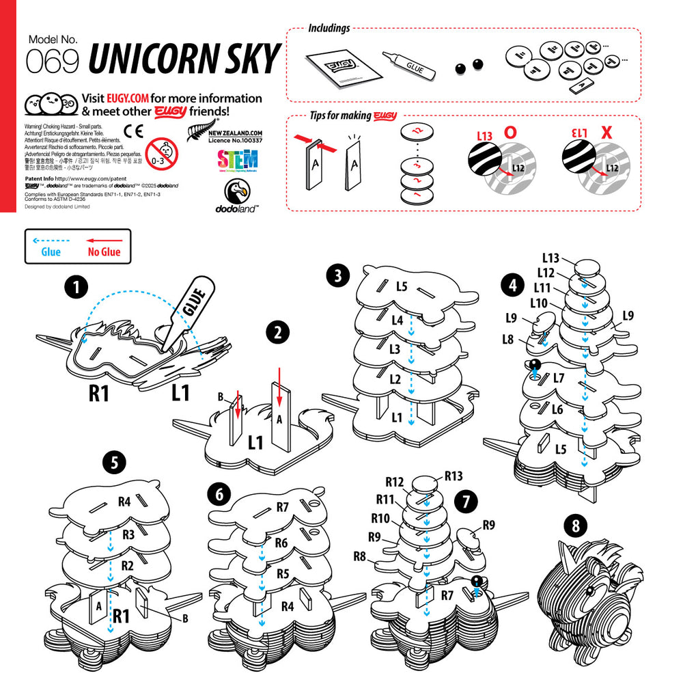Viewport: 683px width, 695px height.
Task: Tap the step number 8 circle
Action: [576, 526]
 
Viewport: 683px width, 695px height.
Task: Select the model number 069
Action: [53, 62]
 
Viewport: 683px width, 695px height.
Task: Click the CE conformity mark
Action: [134, 131]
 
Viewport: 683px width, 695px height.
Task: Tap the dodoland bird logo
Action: [237, 196]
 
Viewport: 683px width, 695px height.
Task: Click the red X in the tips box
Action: [605, 134]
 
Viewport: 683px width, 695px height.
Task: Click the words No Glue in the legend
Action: [104, 252]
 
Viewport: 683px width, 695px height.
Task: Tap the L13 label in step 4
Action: [550, 258]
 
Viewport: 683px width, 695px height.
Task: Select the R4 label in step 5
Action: [124, 502]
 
